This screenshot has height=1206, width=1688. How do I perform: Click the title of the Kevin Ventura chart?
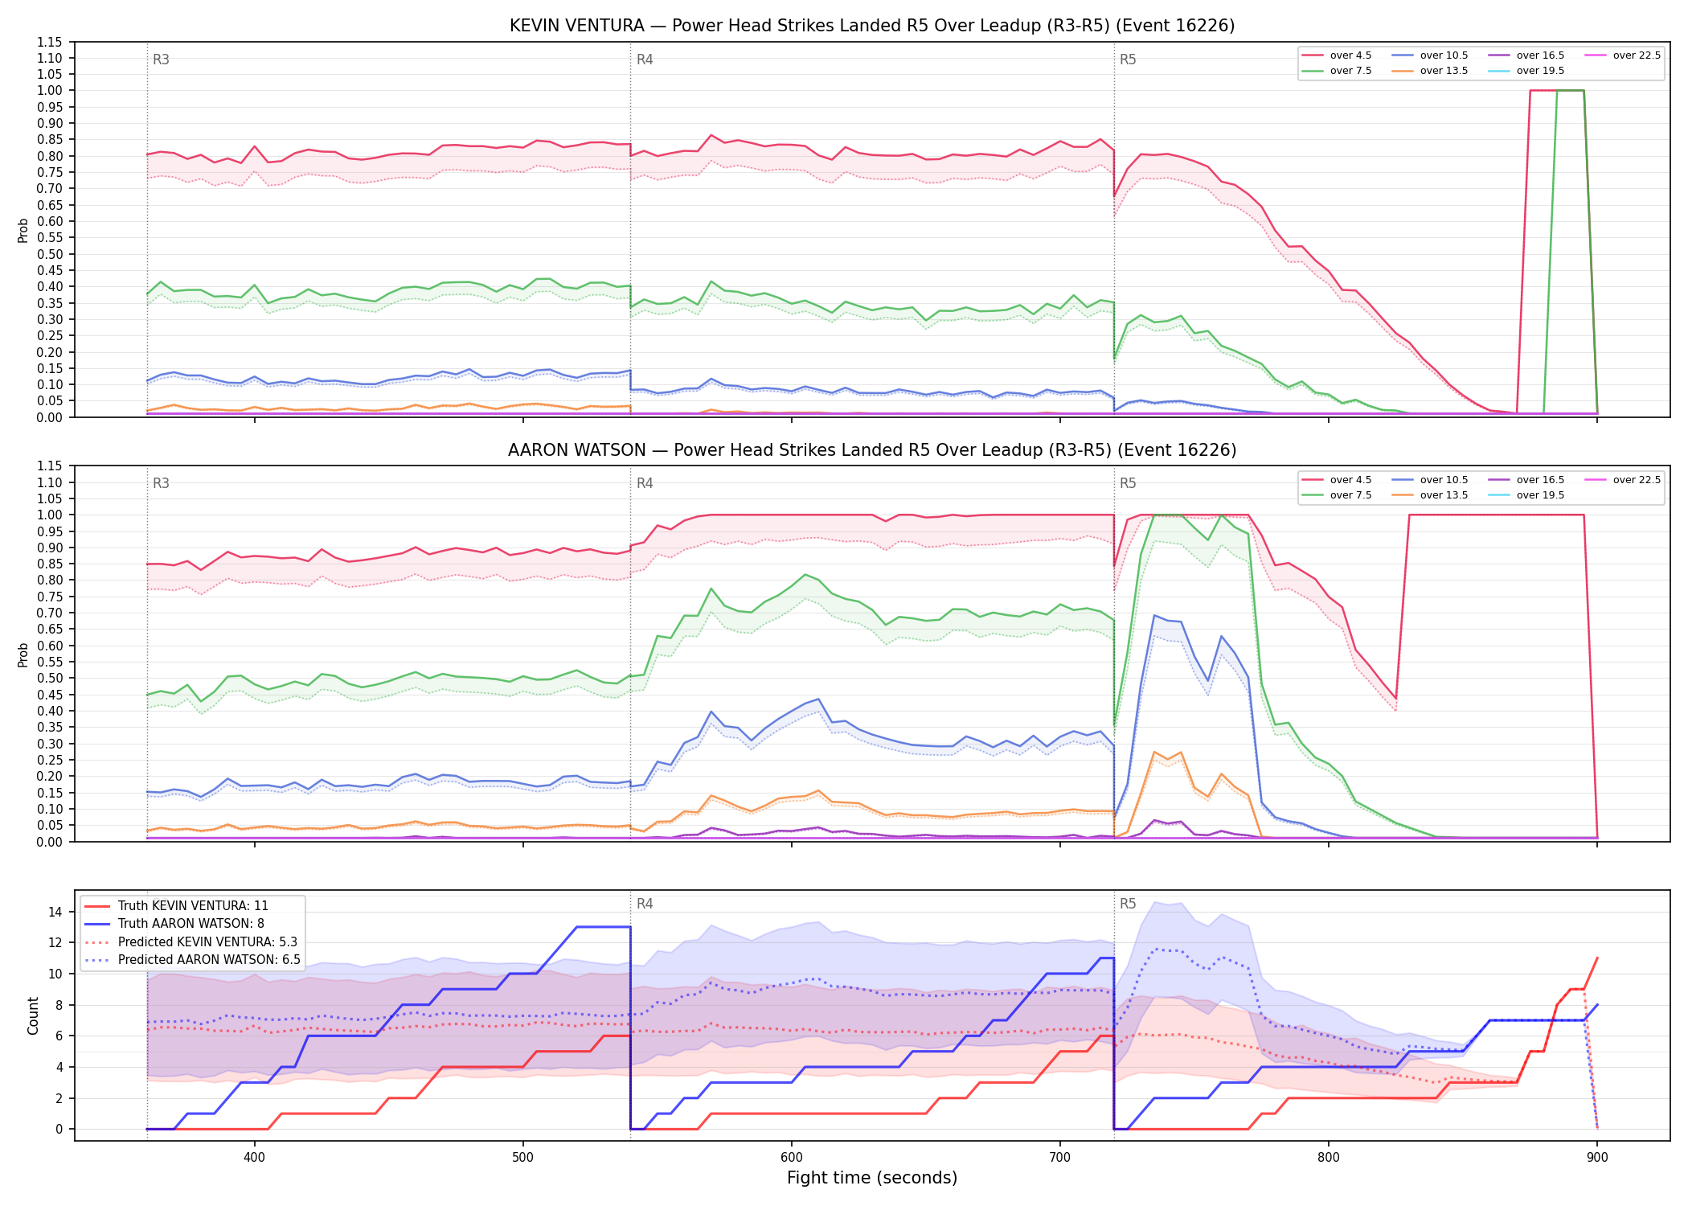click(x=872, y=26)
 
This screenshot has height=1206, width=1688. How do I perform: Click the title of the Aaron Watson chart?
click(x=872, y=450)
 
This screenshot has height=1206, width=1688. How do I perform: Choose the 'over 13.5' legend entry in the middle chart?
click(x=1430, y=495)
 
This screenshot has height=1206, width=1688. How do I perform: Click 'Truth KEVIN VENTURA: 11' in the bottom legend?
click(x=176, y=905)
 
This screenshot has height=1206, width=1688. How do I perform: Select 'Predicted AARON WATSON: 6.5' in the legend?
click(x=192, y=960)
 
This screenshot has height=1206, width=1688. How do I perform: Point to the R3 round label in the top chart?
click(x=161, y=59)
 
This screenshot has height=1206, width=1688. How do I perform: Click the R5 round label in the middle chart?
click(x=1128, y=483)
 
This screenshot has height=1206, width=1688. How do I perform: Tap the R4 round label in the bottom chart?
click(x=645, y=904)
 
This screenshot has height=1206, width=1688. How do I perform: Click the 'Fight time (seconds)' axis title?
click(x=872, y=1178)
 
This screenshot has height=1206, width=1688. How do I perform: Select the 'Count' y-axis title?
click(x=33, y=1015)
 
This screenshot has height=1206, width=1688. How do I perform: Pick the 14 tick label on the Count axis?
click(x=55, y=912)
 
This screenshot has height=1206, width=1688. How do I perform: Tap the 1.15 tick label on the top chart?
click(x=50, y=42)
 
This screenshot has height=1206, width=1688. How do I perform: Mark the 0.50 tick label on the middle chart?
click(x=50, y=678)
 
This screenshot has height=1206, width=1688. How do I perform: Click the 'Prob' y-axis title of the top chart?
click(x=23, y=230)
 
